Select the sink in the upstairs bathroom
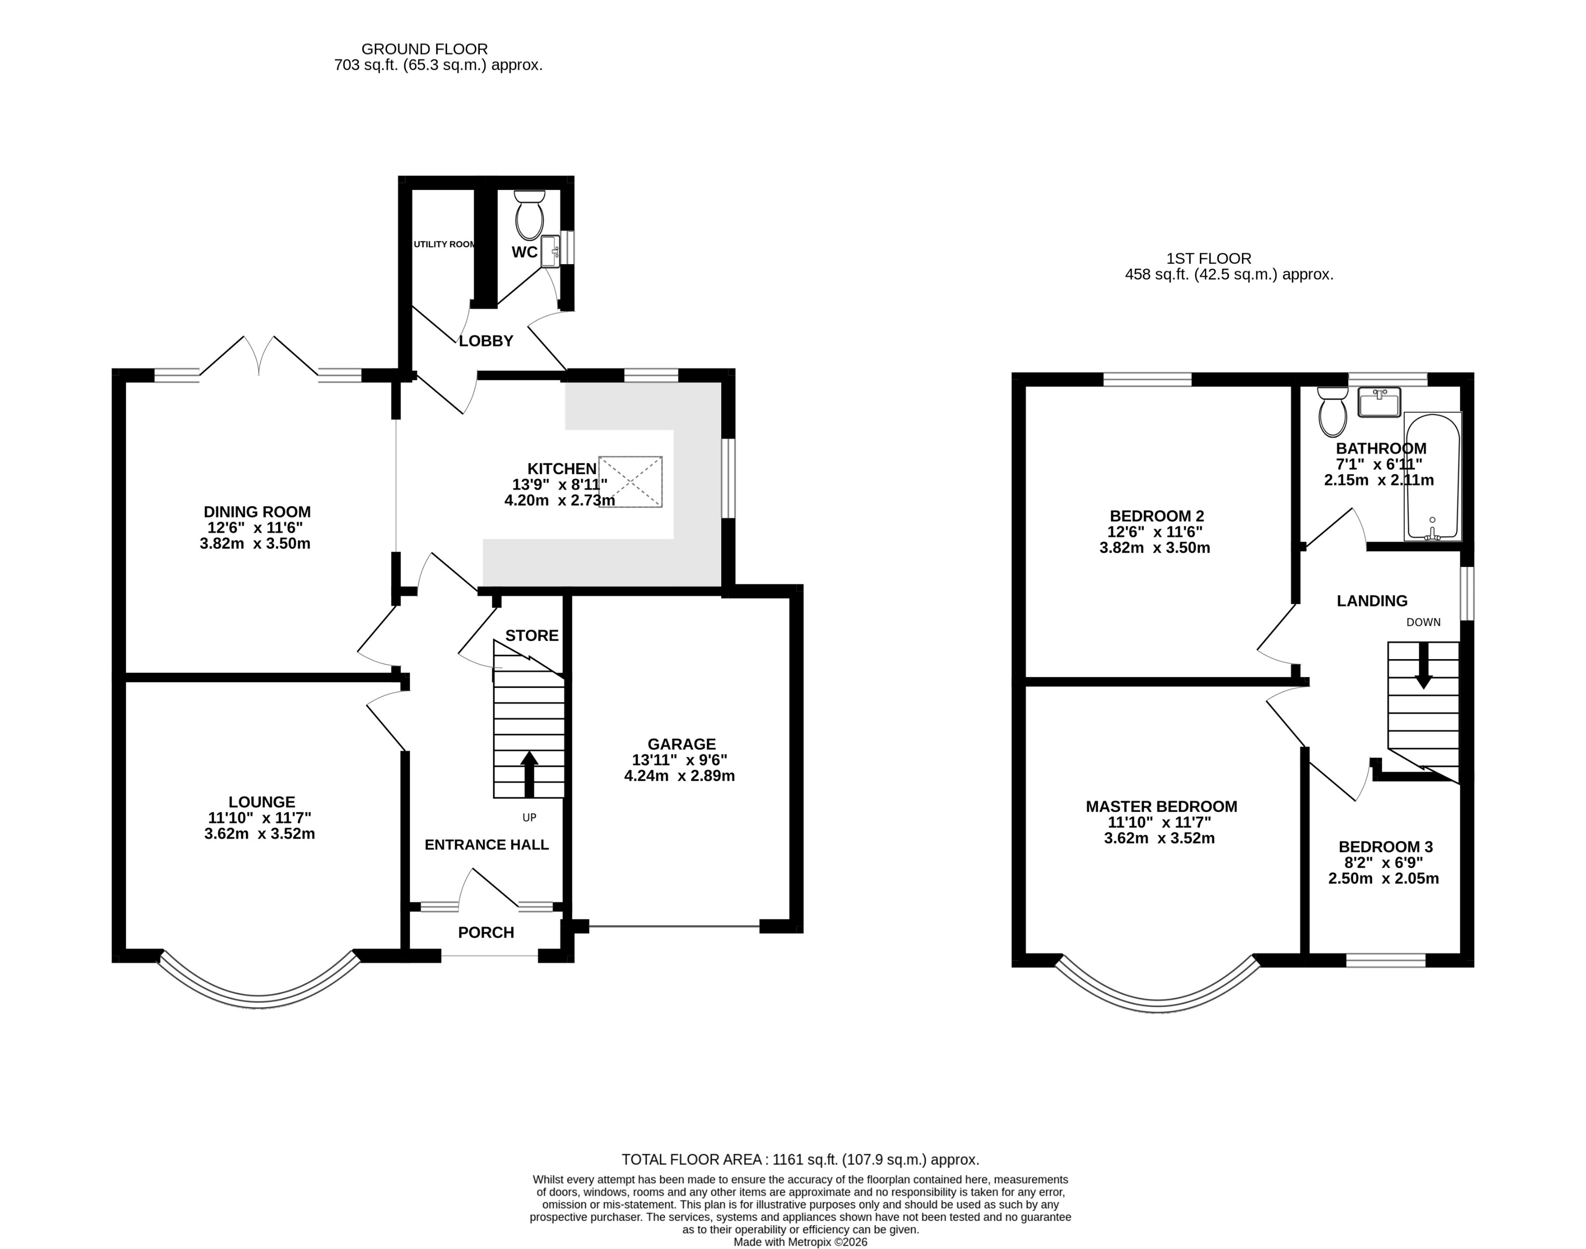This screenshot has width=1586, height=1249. (1378, 401)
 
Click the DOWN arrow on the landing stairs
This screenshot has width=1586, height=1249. (1423, 666)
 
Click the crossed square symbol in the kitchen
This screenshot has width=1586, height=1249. (630, 481)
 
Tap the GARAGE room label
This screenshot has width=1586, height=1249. (681, 743)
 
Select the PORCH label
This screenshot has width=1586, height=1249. (486, 932)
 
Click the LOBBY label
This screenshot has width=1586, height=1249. (486, 341)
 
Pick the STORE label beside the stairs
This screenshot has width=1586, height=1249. (532, 635)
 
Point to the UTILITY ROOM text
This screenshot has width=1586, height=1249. (444, 244)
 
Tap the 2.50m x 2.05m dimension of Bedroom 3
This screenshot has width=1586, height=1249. (1383, 878)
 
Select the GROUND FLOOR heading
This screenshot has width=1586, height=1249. (424, 49)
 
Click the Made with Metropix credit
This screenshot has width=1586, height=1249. (800, 1242)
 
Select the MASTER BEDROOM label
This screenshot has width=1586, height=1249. (1161, 806)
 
